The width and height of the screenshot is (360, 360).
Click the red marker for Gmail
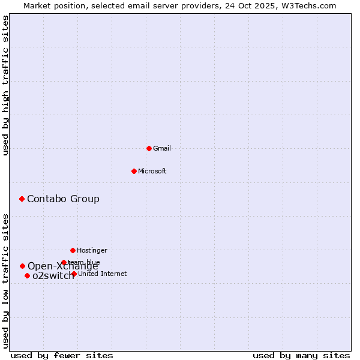pos(149,148)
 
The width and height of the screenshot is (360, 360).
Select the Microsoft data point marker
pos(134,171)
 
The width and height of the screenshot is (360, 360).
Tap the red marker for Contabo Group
pos(22,199)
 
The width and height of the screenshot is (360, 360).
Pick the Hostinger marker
pos(73,250)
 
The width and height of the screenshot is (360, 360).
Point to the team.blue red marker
pos(64,262)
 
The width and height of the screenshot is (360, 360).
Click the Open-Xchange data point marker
pos(22,266)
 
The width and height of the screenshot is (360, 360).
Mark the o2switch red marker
pos(27,275)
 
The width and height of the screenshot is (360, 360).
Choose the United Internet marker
pos(74,274)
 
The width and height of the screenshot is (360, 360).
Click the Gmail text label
pos(162,148)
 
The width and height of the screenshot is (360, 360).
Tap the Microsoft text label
pos(152,171)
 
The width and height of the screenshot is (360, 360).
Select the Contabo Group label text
pos(63,199)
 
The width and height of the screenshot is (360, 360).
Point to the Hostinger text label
pos(92,250)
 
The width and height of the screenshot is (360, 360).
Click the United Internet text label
pos(103,274)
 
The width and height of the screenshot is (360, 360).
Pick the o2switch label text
pos(53,276)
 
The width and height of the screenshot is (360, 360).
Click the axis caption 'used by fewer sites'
pos(61,355)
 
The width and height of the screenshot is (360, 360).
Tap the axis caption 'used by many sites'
pos(301,355)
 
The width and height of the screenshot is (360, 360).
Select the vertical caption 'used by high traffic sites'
pos(5,86)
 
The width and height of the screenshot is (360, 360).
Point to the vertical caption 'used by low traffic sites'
pos(5,281)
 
